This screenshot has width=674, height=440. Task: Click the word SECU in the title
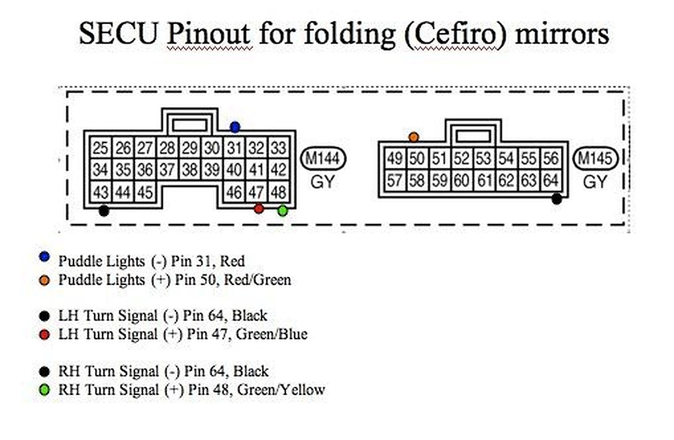(x=119, y=33)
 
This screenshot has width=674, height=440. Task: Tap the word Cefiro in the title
(x=454, y=33)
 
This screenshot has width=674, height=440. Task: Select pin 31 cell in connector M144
(x=234, y=148)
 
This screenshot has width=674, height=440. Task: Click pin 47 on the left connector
(x=256, y=192)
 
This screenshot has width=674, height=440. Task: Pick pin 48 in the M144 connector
(x=279, y=192)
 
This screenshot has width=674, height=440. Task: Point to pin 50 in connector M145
(x=416, y=159)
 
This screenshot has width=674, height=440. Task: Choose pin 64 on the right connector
(x=551, y=180)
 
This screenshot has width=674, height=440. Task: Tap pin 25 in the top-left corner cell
(x=100, y=148)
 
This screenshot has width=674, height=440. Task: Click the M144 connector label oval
(x=323, y=159)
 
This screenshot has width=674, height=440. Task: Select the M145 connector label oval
(x=595, y=159)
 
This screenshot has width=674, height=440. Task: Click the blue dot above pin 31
(x=234, y=127)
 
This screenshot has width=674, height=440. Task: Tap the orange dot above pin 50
(x=414, y=137)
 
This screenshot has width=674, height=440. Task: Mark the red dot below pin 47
(x=259, y=209)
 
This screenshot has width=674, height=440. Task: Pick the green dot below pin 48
(x=283, y=210)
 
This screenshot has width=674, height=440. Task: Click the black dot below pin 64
(x=557, y=199)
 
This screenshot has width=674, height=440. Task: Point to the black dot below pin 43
(x=103, y=211)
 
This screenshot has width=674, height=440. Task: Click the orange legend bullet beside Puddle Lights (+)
(x=44, y=280)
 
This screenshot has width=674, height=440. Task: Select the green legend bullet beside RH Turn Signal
(x=44, y=390)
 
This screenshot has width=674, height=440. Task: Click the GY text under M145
(x=595, y=182)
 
